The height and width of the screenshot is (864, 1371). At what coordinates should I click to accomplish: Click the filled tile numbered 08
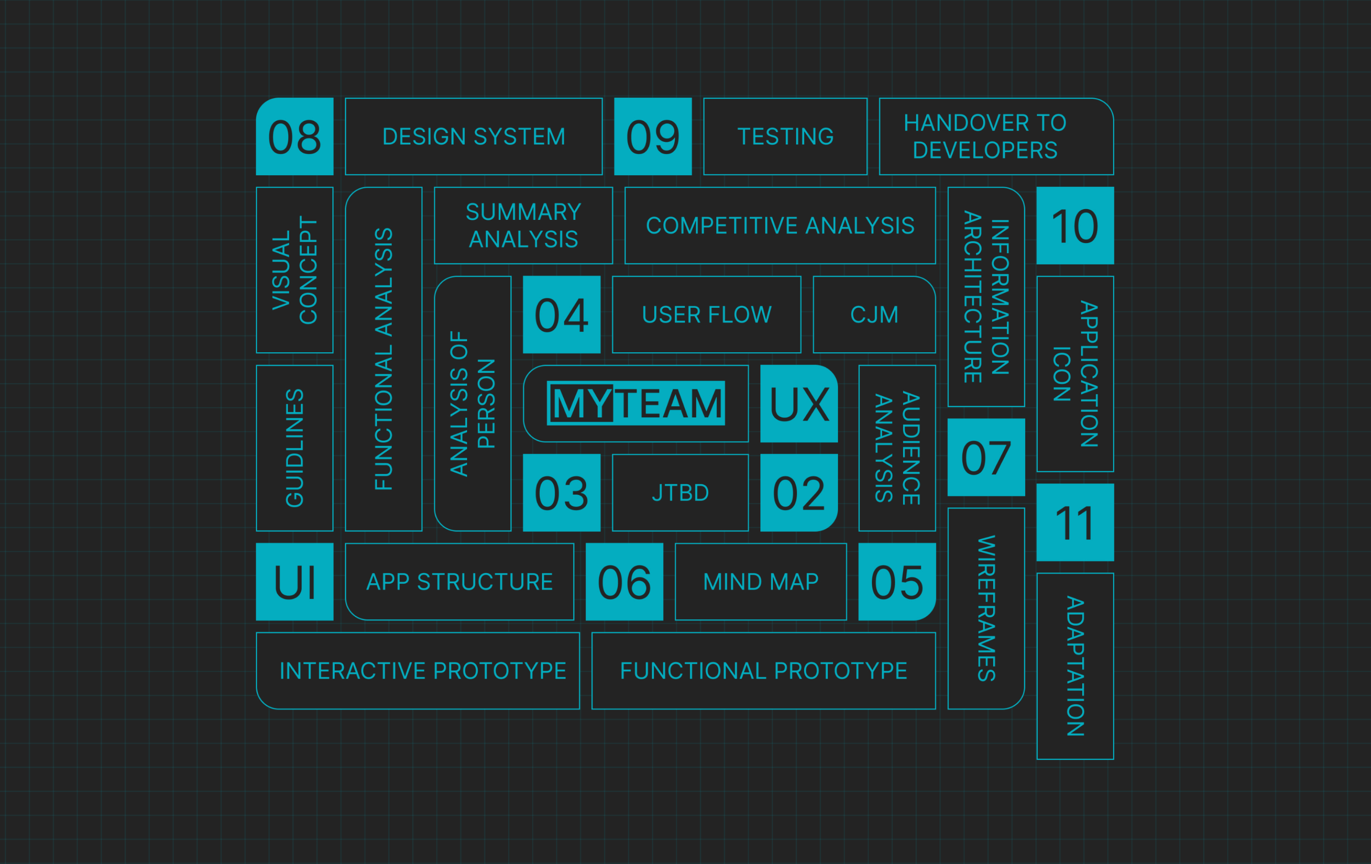tap(294, 137)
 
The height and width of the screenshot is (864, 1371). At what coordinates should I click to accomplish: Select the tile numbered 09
tap(653, 137)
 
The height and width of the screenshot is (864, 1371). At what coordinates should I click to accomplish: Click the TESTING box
tap(785, 137)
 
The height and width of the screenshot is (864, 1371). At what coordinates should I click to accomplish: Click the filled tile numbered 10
tap(1075, 225)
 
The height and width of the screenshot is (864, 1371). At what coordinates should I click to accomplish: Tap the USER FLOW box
tap(706, 315)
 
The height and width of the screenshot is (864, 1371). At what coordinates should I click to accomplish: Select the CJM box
tap(874, 315)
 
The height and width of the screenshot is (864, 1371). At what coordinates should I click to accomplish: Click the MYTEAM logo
tap(635, 403)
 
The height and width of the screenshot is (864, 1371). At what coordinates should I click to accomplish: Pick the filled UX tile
tap(798, 403)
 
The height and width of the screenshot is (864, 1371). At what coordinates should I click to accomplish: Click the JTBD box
tap(680, 493)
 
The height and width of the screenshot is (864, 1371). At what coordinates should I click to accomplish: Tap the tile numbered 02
tap(798, 493)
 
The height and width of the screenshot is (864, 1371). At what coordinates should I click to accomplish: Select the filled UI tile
tap(294, 582)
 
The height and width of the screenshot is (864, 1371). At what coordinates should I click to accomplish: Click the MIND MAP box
tap(760, 582)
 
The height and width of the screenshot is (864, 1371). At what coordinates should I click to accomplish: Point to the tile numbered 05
tap(896, 582)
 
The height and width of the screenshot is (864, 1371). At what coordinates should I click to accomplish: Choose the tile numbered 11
tap(1075, 522)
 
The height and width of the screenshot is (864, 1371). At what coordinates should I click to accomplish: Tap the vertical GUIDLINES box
tap(294, 448)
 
